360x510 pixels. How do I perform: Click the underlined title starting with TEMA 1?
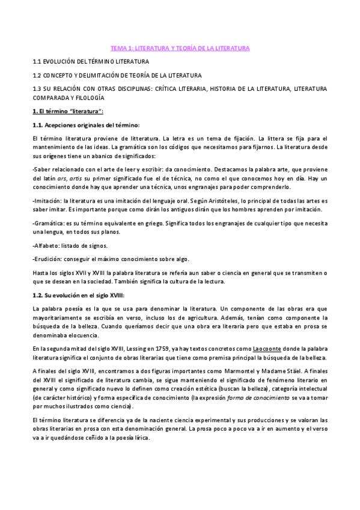tap(180, 48)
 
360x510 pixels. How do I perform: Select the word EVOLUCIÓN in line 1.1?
tap(63, 61)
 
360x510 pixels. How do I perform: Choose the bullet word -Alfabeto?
tap(46, 245)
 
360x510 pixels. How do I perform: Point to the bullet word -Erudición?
tap(47, 259)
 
